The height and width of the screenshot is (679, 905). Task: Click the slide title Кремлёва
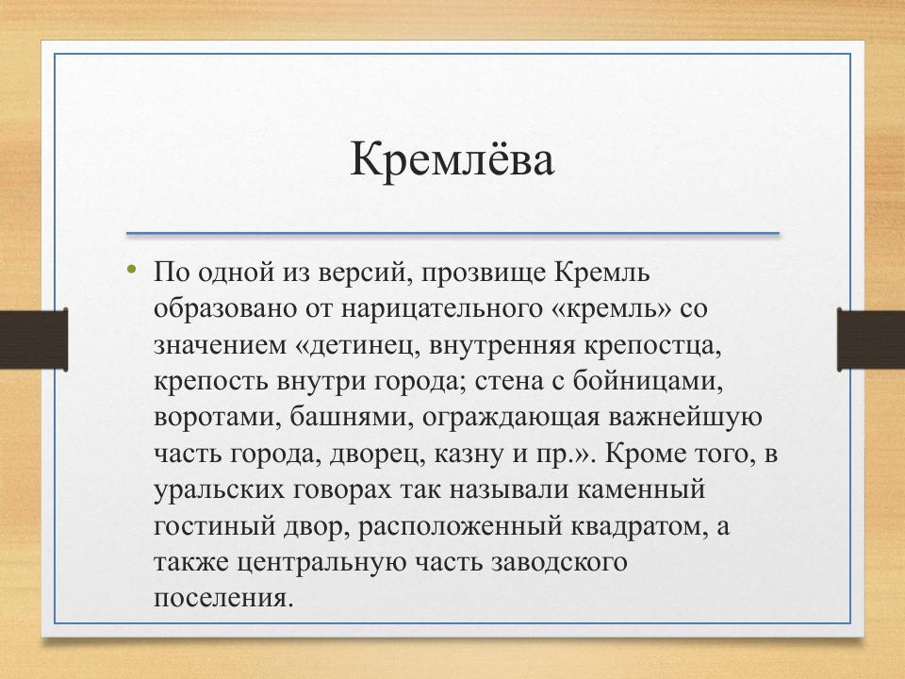[x=452, y=159]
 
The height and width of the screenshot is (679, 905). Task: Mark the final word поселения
[x=218, y=597]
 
